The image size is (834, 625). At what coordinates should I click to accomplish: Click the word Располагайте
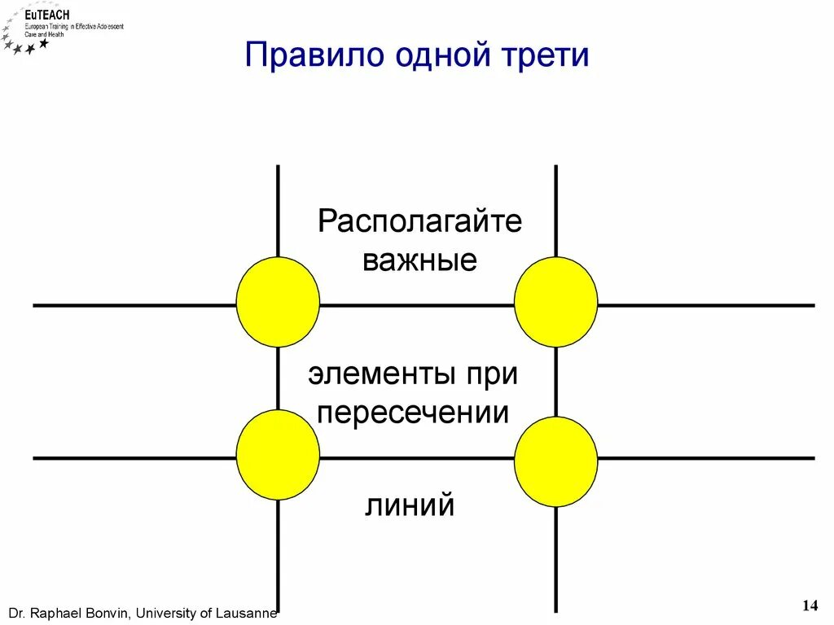click(x=419, y=221)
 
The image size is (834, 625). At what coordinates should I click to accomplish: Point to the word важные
click(x=419, y=261)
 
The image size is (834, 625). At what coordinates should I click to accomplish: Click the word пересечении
click(x=414, y=413)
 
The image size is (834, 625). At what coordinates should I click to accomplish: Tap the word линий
click(x=409, y=506)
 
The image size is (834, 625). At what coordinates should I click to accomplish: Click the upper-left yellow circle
click(x=278, y=301)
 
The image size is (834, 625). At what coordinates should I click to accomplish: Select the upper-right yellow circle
click(x=555, y=301)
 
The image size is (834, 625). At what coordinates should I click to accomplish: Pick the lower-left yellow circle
click(x=278, y=454)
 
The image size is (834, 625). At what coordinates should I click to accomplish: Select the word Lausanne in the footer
click(x=245, y=613)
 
